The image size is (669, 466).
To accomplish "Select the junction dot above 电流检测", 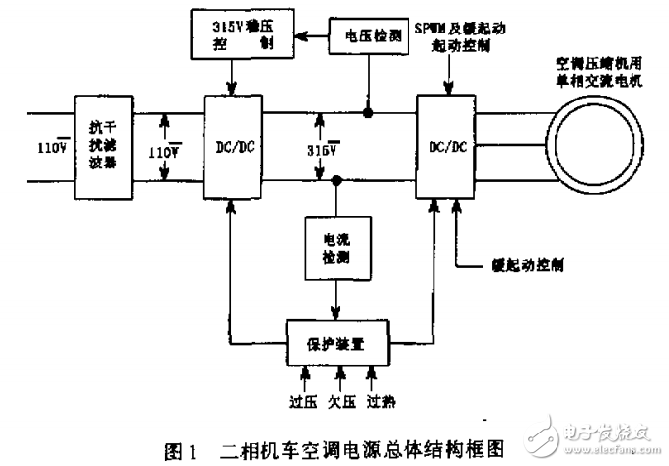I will pyautogui.click(x=337, y=181).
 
